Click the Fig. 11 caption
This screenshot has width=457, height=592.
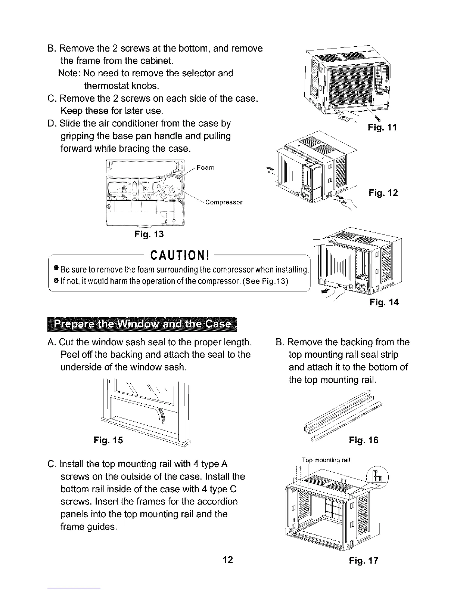pos(382,127)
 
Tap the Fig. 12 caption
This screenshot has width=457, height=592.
pos(383,193)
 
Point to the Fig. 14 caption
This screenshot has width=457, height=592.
pos(383,302)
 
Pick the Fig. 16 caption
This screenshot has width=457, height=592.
pos(364,440)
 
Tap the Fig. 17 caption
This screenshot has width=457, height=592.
pos(364,560)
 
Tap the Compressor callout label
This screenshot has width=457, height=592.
pos(224,202)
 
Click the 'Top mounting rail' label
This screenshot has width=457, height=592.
pos(326,460)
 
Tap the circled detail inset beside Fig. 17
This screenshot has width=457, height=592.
pos(378,477)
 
